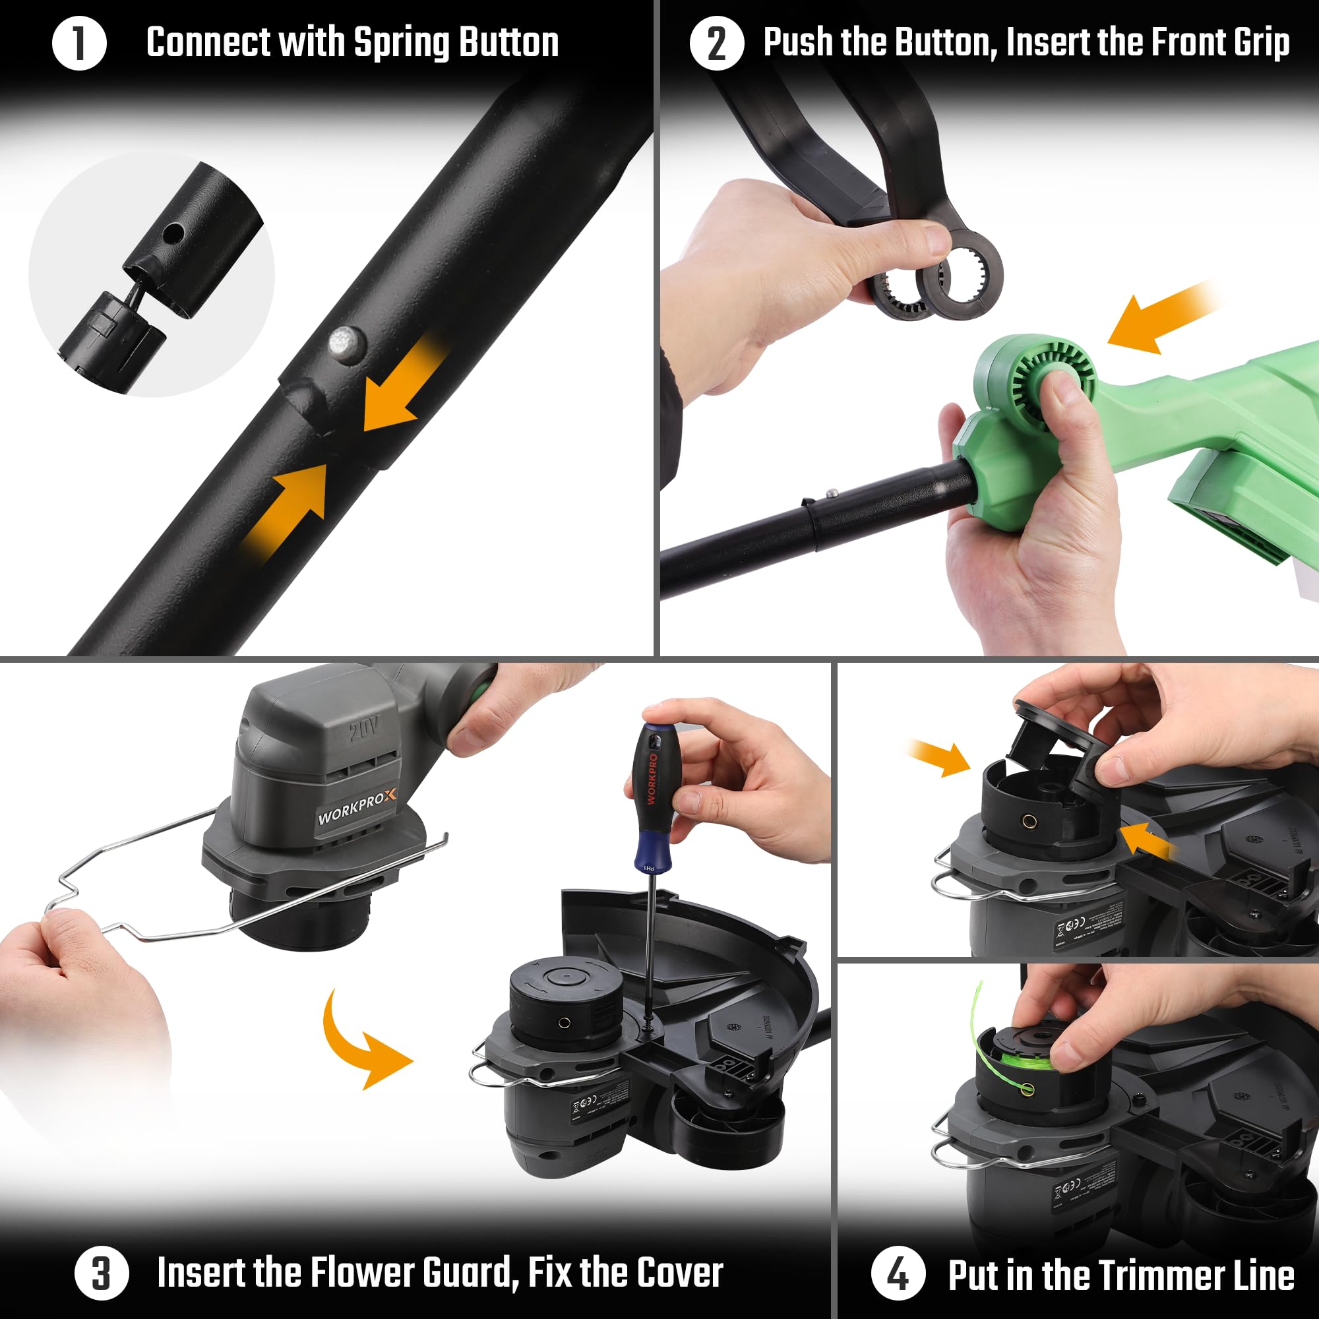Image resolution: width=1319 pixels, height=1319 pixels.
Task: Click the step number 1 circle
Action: coord(79,43)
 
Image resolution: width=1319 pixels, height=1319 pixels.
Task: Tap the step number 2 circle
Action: coord(716,43)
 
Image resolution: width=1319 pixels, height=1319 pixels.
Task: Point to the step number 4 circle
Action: coord(898,1274)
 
